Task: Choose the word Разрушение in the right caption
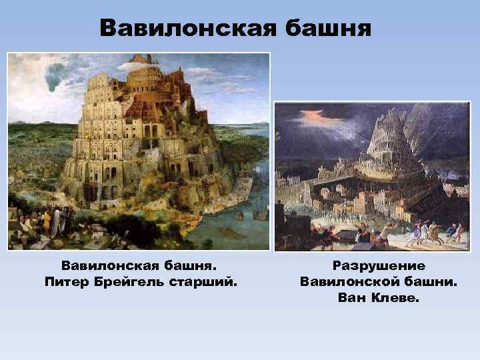pos(379,266)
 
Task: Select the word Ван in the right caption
pos(351,297)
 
